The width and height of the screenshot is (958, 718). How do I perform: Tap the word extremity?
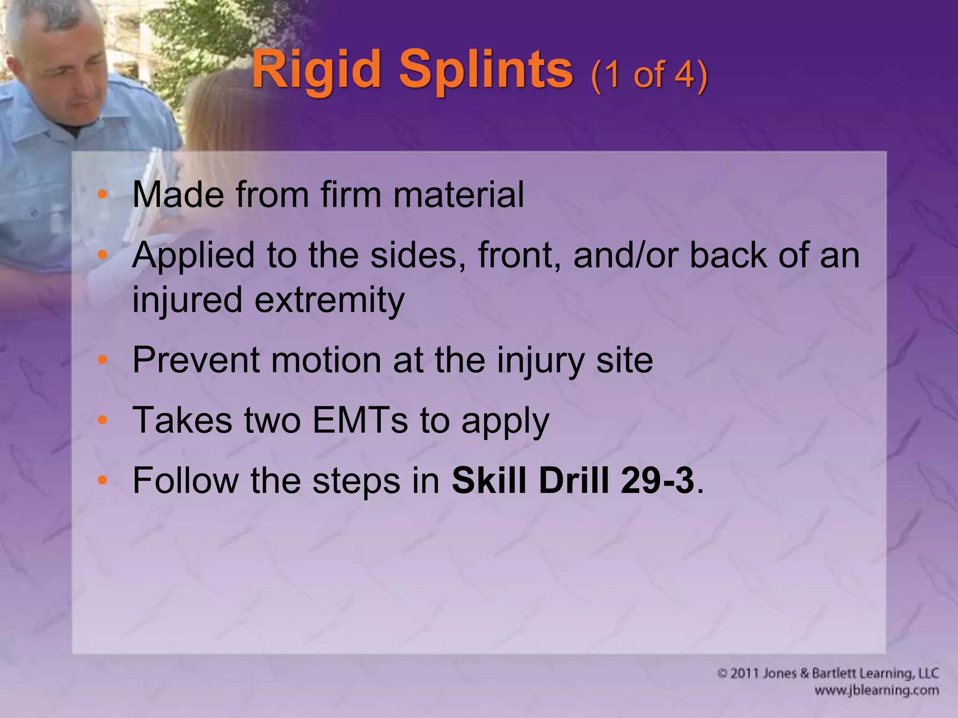tap(329, 300)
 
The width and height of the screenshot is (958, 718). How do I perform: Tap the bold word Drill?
tap(574, 480)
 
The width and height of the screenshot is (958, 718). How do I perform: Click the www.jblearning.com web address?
tap(877, 690)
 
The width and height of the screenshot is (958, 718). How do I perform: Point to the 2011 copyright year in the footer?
tap(745, 674)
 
